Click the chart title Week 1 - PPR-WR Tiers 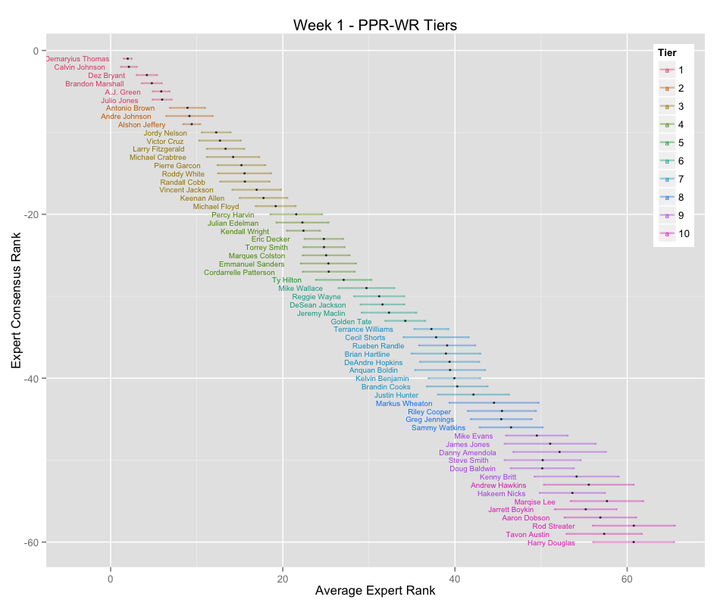[x=375, y=26]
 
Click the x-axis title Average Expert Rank [x=375, y=590]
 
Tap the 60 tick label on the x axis [x=627, y=579]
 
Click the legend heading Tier [x=667, y=52]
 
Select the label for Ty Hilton [x=286, y=280]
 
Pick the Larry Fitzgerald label [x=158, y=149]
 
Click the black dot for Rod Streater [x=634, y=526]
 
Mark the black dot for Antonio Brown [x=187, y=108]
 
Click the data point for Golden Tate [x=405, y=321]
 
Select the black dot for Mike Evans [x=537, y=436]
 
